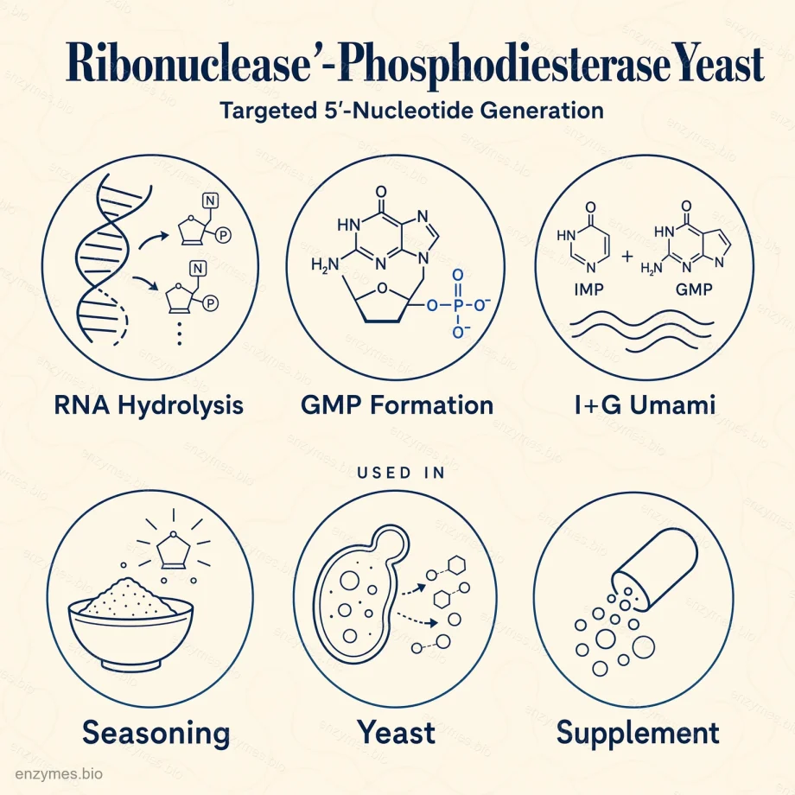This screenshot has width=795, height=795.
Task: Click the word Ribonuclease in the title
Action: coord(188,65)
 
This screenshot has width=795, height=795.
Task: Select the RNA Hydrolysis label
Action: coord(149,405)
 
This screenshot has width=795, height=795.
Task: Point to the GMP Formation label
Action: coord(397,405)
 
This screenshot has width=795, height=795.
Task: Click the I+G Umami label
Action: coord(645,405)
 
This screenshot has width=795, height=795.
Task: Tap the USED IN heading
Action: coord(401,473)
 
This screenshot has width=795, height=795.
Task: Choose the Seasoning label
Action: coord(156,734)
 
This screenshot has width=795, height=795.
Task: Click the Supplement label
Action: coord(638,734)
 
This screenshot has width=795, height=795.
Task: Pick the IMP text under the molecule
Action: coord(588,289)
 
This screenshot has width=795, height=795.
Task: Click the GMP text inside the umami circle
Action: coord(694,289)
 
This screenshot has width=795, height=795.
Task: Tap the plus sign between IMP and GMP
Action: coord(627,256)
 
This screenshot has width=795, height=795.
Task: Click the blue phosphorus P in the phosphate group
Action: coord(458,305)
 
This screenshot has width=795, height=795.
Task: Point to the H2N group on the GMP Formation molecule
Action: coord(325,264)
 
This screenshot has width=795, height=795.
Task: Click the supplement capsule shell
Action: coord(657,566)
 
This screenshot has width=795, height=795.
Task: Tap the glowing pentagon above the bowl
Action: coord(174,551)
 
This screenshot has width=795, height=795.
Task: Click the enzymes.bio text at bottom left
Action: coord(59,773)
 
